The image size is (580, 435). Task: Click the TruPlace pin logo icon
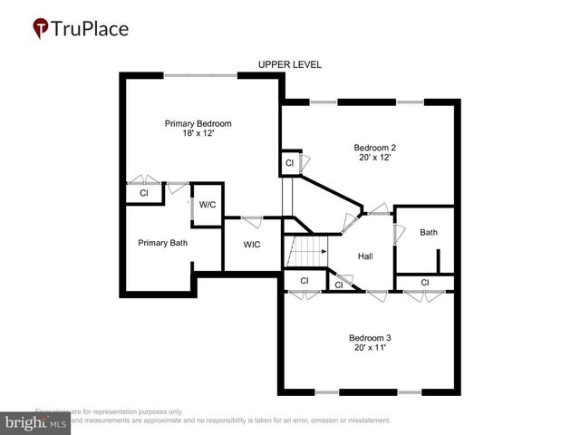[40, 29]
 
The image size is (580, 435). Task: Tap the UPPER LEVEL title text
[290, 65]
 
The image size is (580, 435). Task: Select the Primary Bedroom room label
[198, 123]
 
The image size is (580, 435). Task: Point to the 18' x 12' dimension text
[198, 133]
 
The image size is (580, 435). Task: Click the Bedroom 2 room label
[374, 147]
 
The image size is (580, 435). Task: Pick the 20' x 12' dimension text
[374, 157]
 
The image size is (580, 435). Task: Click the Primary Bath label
[163, 243]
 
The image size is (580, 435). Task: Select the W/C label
[208, 205]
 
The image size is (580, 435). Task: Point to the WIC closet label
[253, 245]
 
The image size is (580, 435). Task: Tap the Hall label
[365, 256]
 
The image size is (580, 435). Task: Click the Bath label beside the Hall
[429, 233]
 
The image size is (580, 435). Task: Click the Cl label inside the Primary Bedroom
[143, 193]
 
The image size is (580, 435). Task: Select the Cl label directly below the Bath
[425, 283]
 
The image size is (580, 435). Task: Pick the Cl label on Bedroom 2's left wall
[289, 163]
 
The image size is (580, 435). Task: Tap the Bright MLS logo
[36, 423]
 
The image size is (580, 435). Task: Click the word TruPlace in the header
[90, 29]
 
